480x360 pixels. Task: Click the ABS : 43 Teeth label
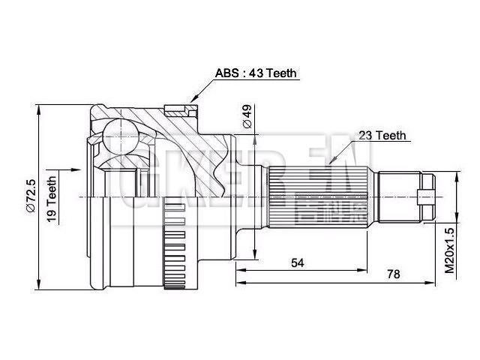(256, 73)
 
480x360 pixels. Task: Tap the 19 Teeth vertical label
(52, 197)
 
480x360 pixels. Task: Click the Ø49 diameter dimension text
(245, 115)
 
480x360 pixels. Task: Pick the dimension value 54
(298, 262)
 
